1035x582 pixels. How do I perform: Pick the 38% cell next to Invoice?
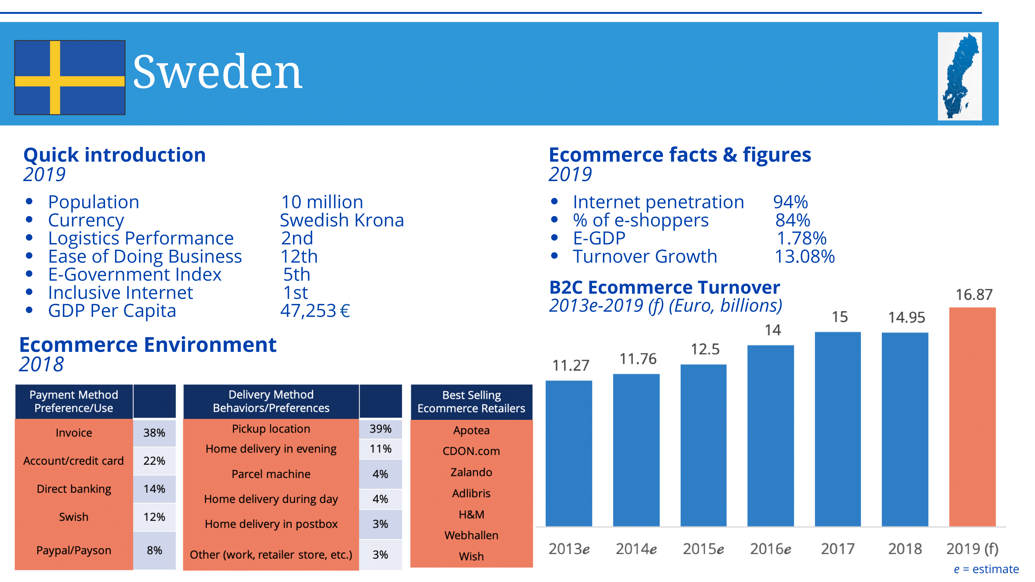point(154,433)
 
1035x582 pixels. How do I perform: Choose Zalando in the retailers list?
point(471,472)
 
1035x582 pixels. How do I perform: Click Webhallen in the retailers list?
point(471,535)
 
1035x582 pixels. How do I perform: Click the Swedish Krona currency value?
point(342,220)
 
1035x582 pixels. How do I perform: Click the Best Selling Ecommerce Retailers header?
point(471,402)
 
